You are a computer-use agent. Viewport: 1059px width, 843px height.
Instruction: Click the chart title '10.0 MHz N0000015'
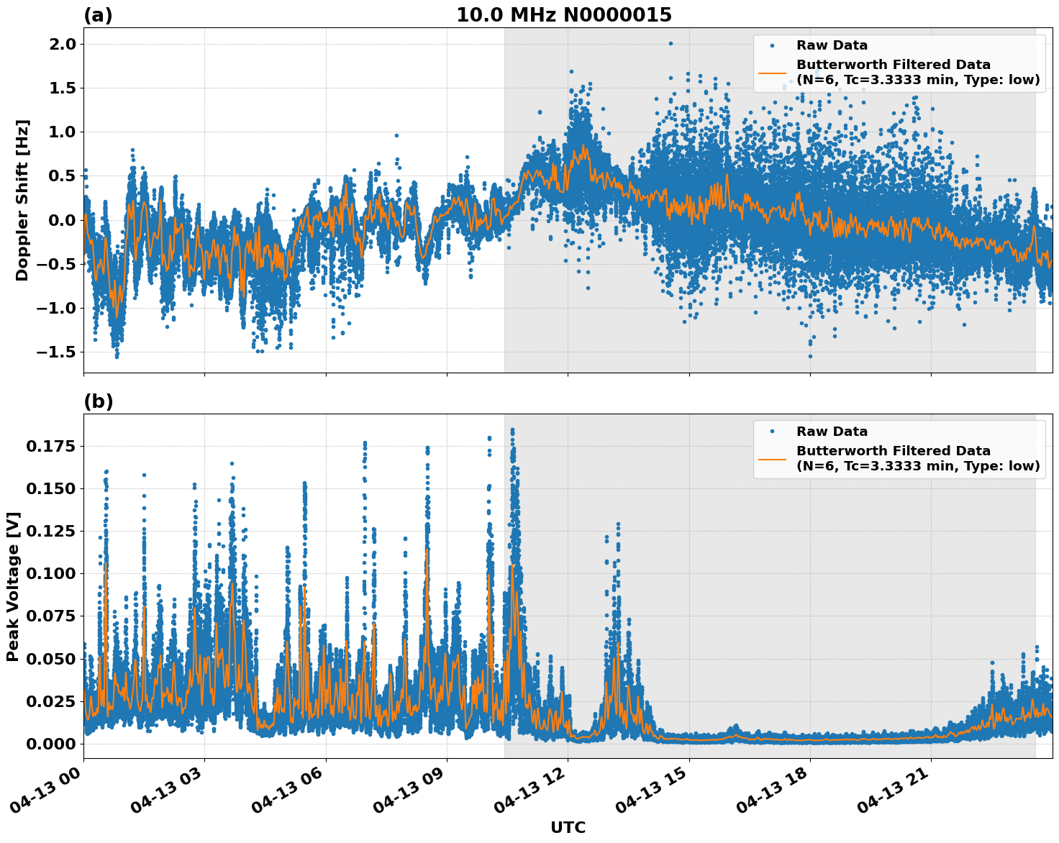(x=563, y=15)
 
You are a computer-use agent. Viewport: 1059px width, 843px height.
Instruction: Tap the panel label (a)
(x=98, y=15)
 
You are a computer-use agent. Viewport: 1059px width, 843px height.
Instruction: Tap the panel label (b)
(x=98, y=401)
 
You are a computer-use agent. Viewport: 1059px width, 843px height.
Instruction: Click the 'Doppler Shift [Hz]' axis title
(x=22, y=200)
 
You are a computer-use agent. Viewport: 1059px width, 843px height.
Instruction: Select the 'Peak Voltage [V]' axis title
(x=13, y=586)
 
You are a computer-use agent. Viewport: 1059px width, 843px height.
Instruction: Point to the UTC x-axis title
(x=568, y=827)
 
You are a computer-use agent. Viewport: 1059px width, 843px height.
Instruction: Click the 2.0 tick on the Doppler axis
(x=61, y=44)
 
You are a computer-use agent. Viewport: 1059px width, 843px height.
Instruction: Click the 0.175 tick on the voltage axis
(x=50, y=447)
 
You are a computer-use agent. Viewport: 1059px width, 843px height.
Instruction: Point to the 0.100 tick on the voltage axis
(x=50, y=574)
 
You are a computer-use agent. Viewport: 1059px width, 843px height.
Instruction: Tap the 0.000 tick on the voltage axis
(x=50, y=744)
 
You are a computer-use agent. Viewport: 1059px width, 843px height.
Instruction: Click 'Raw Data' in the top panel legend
(x=832, y=45)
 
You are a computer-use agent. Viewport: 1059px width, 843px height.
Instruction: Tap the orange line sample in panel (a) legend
(x=773, y=72)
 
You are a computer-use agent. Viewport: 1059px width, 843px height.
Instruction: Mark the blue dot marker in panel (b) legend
(x=773, y=432)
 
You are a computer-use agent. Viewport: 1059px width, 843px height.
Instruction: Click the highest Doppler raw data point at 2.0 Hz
(x=671, y=43)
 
